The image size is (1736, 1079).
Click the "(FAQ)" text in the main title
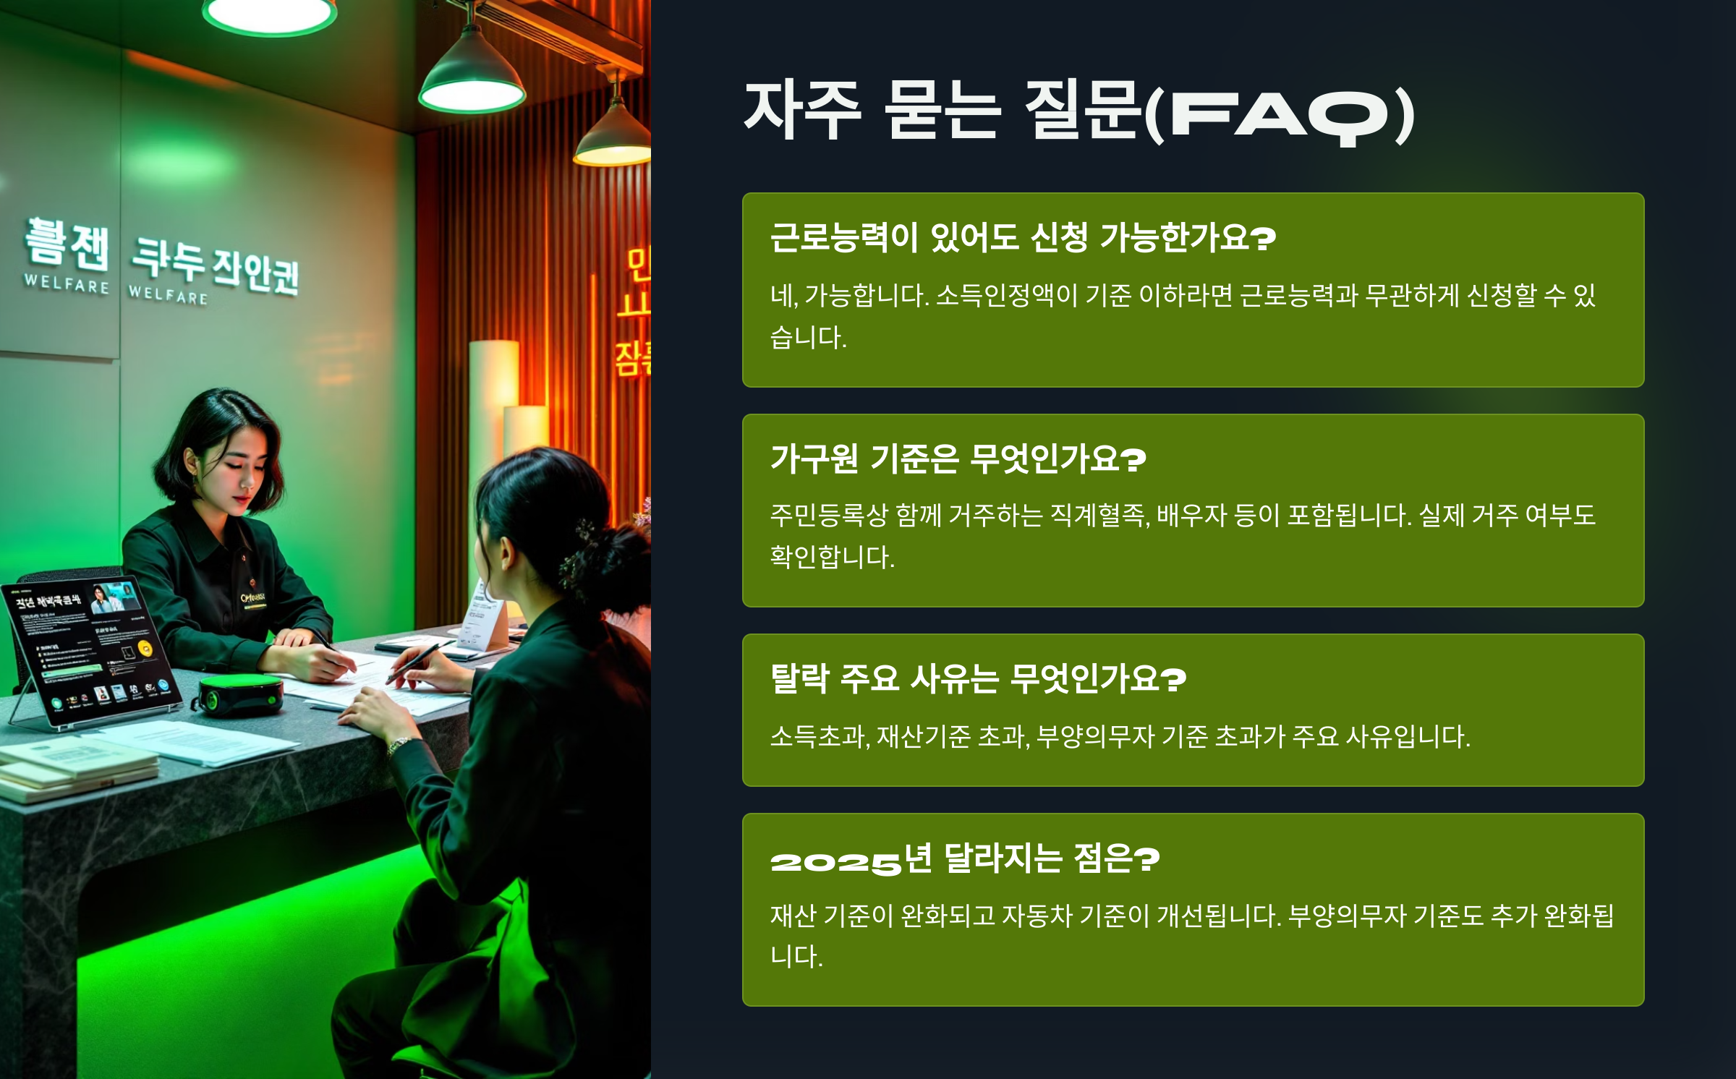(x=1280, y=114)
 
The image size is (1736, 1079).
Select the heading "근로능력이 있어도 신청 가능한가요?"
(x=1023, y=237)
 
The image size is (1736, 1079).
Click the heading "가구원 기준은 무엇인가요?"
(x=958, y=459)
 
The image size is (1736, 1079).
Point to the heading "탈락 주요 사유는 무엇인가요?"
(x=978, y=678)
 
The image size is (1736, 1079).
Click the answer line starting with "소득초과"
(x=1120, y=736)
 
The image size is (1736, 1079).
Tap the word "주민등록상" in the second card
(x=828, y=515)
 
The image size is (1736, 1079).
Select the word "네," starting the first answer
(x=784, y=295)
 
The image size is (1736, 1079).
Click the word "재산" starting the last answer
(x=793, y=916)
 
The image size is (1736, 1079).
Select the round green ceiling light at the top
(x=269, y=14)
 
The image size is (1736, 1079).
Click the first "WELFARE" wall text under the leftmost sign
(x=67, y=283)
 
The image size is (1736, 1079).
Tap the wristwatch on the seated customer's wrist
(x=399, y=744)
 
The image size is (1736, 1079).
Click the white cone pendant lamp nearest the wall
(x=472, y=80)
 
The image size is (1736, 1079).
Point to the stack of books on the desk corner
(x=76, y=771)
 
